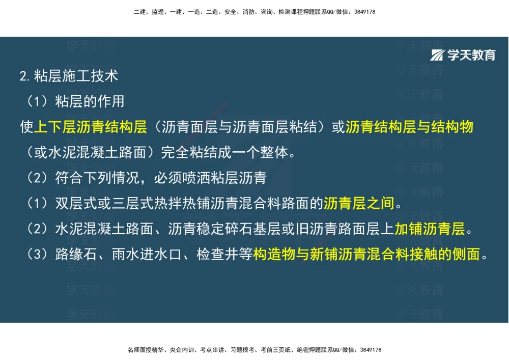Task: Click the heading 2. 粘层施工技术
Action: click(x=69, y=76)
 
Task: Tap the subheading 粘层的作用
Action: click(x=90, y=101)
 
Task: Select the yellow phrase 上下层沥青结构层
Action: click(x=90, y=127)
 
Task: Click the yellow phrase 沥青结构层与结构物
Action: click(x=409, y=127)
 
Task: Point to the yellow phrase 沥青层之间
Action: click(x=359, y=204)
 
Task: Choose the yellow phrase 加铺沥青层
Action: click(x=430, y=229)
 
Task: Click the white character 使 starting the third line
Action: click(x=26, y=127)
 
